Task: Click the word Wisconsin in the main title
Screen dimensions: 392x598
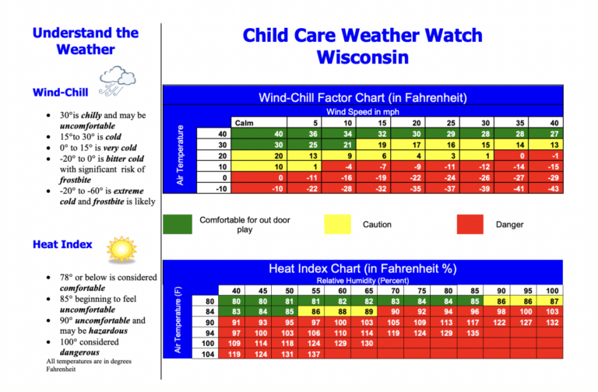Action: (362, 57)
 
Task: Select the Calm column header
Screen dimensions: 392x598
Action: (243, 122)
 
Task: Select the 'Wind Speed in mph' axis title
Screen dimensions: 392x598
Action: (363, 112)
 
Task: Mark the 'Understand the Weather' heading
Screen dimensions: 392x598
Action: (86, 41)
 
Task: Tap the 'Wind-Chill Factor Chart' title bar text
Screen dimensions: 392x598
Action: (362, 98)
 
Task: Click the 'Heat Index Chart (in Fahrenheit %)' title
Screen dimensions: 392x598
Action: (362, 268)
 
